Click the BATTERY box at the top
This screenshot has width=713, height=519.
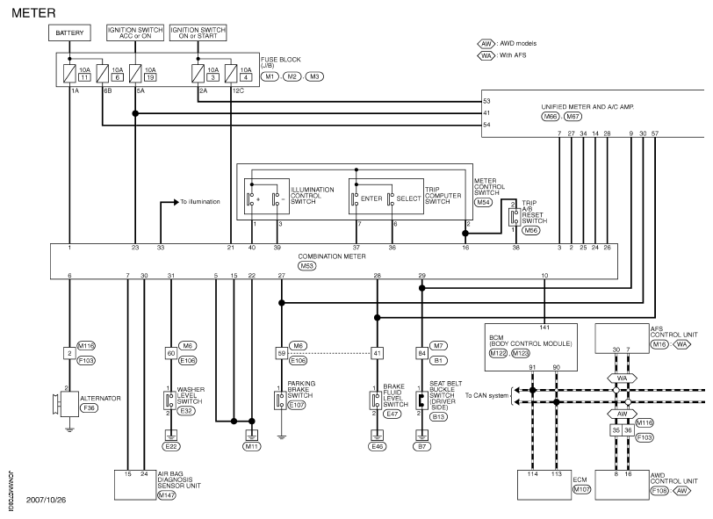tap(69, 32)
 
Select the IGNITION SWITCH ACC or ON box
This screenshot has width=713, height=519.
tap(135, 32)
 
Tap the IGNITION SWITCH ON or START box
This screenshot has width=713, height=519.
tap(198, 32)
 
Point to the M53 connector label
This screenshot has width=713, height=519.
tap(307, 265)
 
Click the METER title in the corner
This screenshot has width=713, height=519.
tap(33, 13)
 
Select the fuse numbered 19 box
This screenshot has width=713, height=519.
tap(150, 77)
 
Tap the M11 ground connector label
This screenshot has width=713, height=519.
tap(251, 447)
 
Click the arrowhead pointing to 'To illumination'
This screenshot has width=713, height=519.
tap(176, 202)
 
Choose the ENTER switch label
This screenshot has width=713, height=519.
tap(371, 198)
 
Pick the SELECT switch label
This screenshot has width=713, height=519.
tap(408, 198)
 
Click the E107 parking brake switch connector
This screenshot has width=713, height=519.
tap(297, 405)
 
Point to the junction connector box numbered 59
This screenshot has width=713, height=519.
tap(282, 353)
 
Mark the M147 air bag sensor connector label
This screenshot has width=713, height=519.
tap(167, 495)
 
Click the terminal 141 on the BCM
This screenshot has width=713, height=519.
tap(544, 328)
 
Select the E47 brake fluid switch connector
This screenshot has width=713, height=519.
tap(392, 414)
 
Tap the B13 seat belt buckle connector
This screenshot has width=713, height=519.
tap(438, 416)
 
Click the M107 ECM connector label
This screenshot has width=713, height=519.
tap(581, 489)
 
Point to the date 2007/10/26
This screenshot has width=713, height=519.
tap(46, 500)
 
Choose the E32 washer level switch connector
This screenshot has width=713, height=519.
tap(186, 411)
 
